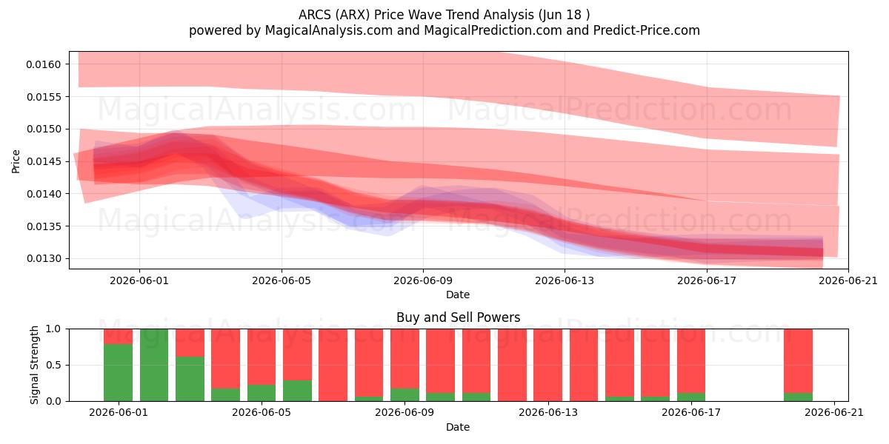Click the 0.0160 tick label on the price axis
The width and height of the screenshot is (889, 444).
pos(44,64)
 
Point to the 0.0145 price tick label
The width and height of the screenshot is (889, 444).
pos(44,161)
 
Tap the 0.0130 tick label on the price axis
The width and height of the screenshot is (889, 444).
pos(44,258)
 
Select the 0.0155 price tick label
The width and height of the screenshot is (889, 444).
pos(44,97)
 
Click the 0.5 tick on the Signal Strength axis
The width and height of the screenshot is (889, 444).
pos(53,365)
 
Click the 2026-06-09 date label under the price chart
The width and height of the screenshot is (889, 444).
pos(423,280)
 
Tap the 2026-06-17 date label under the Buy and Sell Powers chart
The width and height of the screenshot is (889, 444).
pos(691,412)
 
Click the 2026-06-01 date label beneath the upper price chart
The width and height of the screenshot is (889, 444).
pos(139,280)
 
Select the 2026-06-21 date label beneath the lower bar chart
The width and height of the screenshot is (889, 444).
pos(834,412)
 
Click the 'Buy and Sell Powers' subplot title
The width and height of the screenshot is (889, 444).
pos(458,317)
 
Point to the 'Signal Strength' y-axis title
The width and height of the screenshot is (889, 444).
pos(35,365)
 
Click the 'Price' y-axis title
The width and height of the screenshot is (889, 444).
pos(16,161)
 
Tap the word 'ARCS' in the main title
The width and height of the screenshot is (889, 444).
pos(315,15)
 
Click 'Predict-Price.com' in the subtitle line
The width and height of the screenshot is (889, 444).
pos(647,30)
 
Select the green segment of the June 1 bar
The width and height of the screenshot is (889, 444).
pos(119,373)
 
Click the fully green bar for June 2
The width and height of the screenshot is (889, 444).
pos(154,365)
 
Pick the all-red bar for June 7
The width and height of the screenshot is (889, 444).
pos(333,365)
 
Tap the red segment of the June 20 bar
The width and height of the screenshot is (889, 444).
pos(798,361)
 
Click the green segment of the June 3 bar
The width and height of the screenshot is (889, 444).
pos(190,379)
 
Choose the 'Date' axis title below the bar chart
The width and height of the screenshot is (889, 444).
pos(458,427)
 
